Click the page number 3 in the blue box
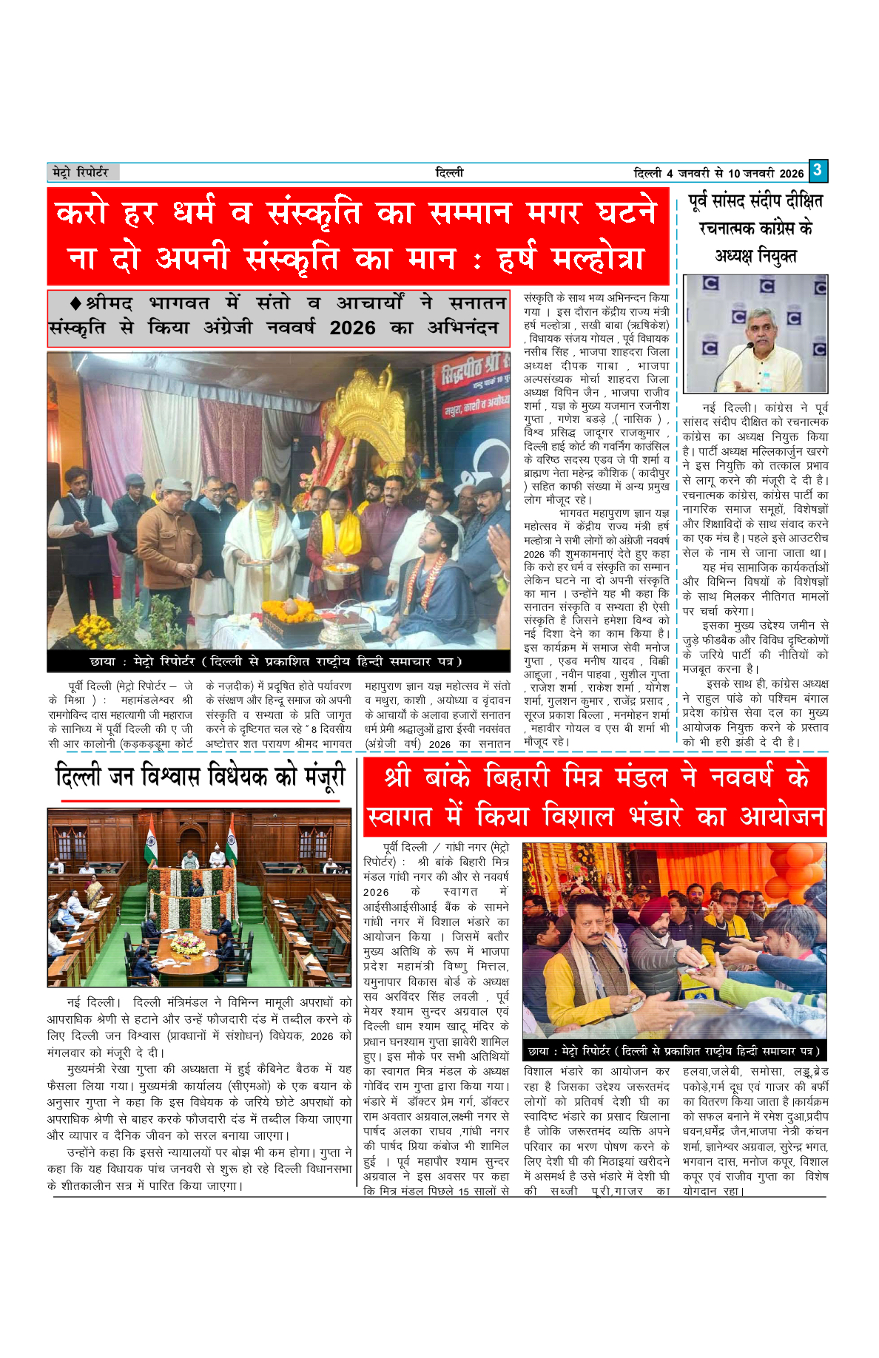(817, 171)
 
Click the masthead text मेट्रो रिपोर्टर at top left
(81, 172)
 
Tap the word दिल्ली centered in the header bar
(449, 173)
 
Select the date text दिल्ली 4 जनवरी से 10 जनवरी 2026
(718, 174)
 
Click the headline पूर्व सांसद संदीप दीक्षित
(755, 201)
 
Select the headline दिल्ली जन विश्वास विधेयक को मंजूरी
(201, 777)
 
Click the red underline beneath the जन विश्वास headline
(200, 800)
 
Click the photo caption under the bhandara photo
(673, 1051)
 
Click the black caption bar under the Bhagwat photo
(278, 661)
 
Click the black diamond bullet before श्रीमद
(75, 303)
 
